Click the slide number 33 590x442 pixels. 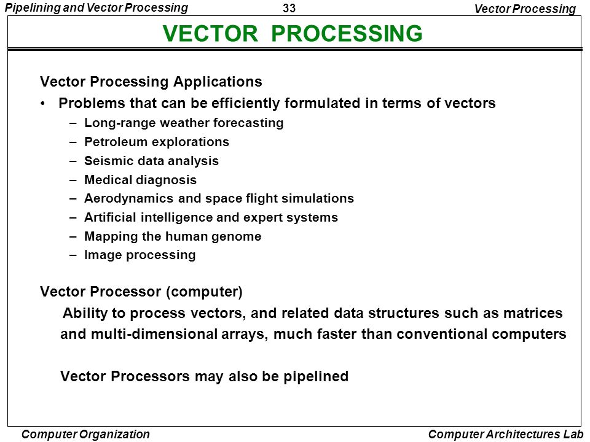coord(294,9)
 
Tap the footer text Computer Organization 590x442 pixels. coord(85,434)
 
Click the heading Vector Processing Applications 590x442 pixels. coord(151,82)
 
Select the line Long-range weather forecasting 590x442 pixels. coord(184,123)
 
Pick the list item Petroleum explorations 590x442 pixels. coord(157,142)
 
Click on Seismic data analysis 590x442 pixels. coord(151,161)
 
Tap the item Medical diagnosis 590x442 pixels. coord(140,180)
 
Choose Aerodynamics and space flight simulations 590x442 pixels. coord(219,198)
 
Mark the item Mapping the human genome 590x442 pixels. coord(173,236)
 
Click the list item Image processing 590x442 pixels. coord(140,255)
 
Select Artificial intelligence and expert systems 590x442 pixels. coord(211,217)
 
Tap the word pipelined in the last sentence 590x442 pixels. coord(316,376)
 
